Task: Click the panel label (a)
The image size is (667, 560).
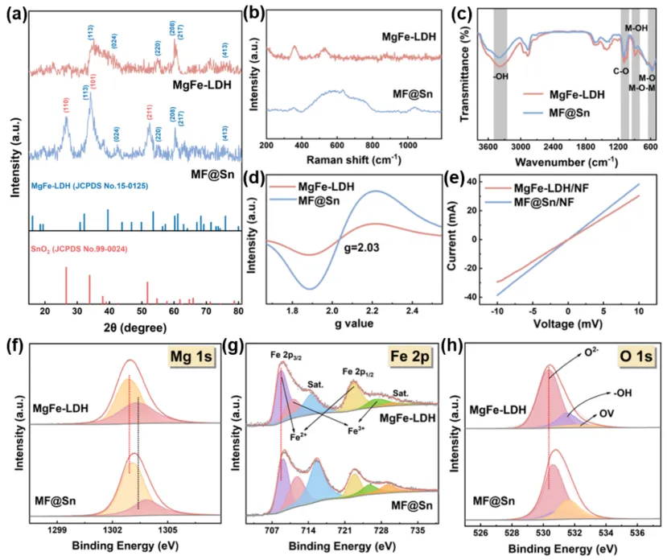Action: (17, 13)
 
